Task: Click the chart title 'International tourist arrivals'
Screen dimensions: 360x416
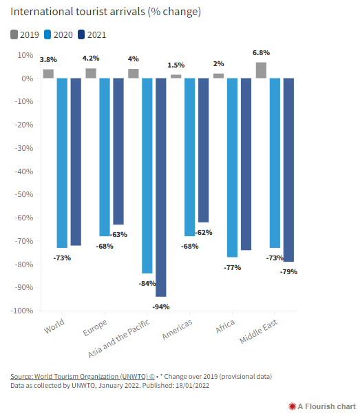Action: tap(78, 12)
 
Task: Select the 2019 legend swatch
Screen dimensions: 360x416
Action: tap(14, 34)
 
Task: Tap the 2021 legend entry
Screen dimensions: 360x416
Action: tap(92, 34)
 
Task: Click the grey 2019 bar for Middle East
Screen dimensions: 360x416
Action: tap(261, 70)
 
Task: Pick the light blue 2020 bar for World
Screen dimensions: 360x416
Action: tap(62, 163)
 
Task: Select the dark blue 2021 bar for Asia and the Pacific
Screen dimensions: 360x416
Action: tap(161, 187)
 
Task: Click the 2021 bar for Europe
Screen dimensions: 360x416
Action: tap(118, 152)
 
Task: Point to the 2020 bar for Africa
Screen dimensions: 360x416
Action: tap(232, 167)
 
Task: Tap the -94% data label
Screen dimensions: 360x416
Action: tap(161, 307)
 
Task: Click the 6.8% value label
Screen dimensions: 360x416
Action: tap(261, 53)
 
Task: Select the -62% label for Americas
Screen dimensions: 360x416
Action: tap(204, 233)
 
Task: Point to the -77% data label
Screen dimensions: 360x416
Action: tap(232, 268)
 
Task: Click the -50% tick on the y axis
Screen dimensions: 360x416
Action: tap(24, 194)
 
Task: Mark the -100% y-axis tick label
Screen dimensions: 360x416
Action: tap(22, 311)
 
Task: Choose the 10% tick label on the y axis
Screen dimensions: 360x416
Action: tap(25, 55)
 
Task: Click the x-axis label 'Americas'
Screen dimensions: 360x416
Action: tap(177, 329)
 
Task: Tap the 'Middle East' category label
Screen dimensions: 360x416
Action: tap(258, 331)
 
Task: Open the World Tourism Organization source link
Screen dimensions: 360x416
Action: tap(83, 377)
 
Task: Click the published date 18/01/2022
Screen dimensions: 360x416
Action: tap(193, 386)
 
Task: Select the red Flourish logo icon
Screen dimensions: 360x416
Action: tap(292, 406)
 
